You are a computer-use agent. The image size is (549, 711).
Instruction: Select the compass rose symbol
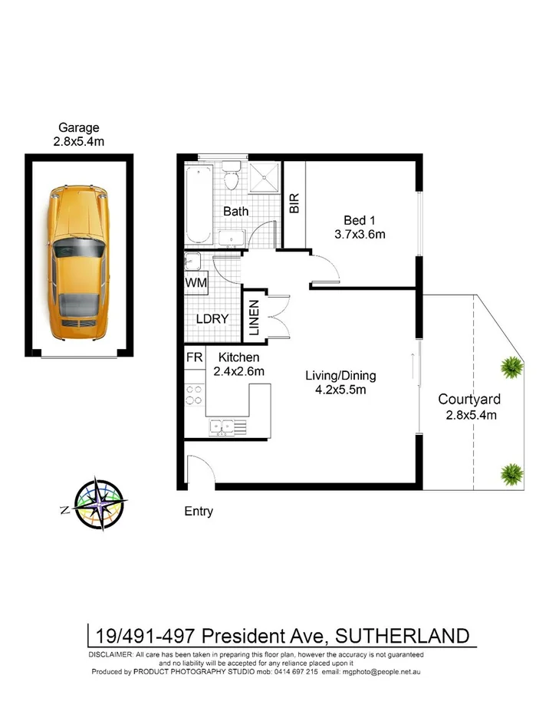pos(98,505)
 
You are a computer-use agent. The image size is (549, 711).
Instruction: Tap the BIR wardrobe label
pos(294,203)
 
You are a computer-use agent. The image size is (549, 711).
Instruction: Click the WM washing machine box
pos(196,282)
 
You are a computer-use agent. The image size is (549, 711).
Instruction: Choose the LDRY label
pos(212,318)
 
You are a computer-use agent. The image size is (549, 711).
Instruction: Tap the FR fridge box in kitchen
pos(195,357)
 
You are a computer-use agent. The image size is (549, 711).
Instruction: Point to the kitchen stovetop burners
pos(195,394)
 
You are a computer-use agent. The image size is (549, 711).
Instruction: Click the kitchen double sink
pos(225,426)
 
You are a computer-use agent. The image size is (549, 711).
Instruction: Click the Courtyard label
pos(469,400)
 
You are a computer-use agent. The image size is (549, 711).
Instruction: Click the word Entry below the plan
pos(199,512)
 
